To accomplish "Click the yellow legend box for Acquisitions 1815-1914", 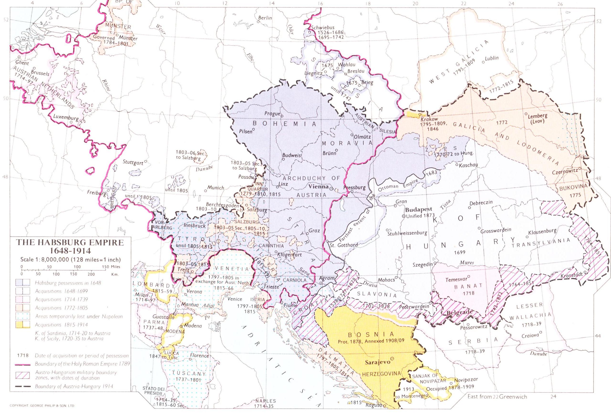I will point(23,325).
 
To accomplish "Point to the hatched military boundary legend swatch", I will point(23,375).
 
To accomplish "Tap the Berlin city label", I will point(265,18).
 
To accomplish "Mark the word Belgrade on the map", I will point(459,313).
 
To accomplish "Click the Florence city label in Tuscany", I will point(199,356).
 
